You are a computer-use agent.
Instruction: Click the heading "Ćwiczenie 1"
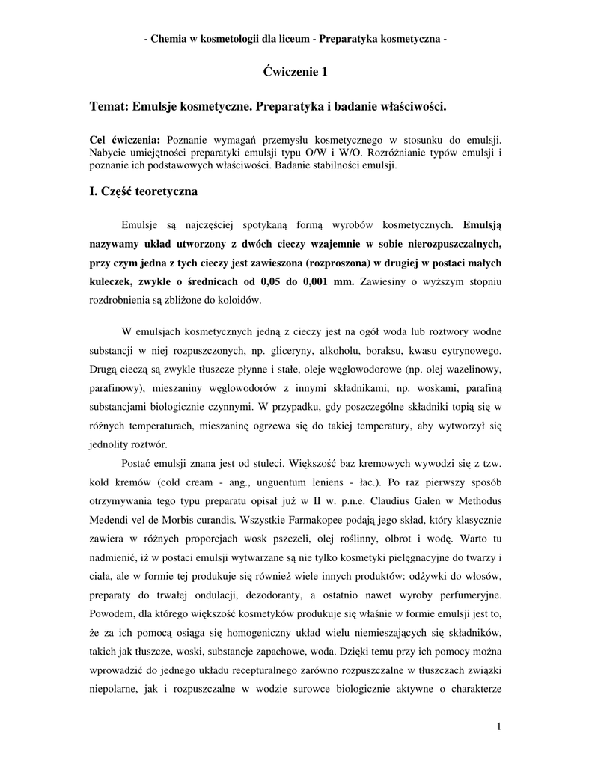click(x=296, y=73)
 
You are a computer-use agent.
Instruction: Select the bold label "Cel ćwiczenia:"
click(x=125, y=140)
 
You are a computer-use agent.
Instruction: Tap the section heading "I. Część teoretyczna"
click(x=143, y=192)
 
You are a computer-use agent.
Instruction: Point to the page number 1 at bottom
click(x=498, y=726)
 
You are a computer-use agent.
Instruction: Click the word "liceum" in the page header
click(x=293, y=38)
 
